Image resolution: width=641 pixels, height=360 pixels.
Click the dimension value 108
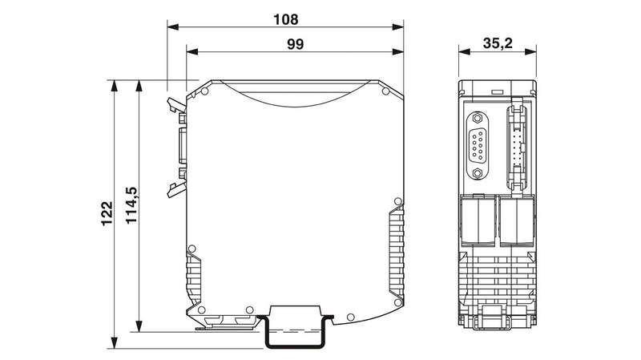point(286,19)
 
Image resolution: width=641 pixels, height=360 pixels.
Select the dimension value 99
point(295,44)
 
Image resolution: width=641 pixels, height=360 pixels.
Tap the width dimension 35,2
point(498,43)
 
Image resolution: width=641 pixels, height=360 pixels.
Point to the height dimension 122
point(107,213)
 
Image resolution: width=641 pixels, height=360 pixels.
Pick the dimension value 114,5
point(131,205)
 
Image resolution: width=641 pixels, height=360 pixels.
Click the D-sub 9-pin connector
point(477,145)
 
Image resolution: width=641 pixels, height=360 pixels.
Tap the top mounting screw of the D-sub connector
point(477,118)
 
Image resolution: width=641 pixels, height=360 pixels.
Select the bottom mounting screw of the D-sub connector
point(477,173)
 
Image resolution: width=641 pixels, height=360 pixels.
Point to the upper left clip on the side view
point(175,105)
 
